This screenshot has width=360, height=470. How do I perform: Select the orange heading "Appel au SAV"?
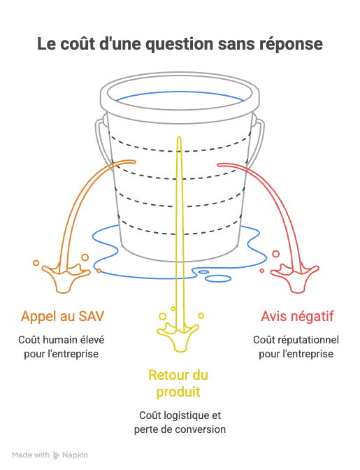click(63, 316)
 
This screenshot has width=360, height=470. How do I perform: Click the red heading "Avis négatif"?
click(297, 316)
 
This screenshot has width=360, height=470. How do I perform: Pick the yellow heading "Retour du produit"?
click(178, 383)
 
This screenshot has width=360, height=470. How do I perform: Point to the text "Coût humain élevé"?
click(62, 340)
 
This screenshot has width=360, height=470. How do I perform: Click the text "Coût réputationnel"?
click(296, 340)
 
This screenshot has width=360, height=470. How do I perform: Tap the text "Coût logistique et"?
click(180, 415)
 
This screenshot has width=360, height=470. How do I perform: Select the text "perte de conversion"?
click(180, 429)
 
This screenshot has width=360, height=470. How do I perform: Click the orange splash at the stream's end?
click(65, 277)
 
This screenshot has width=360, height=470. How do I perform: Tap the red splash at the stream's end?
click(295, 277)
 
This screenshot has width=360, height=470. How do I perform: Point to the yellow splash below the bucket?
click(178, 336)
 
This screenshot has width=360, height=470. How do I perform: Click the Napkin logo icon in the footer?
click(56, 455)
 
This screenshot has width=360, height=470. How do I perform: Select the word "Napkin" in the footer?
click(75, 455)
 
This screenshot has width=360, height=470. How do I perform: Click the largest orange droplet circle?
click(85, 257)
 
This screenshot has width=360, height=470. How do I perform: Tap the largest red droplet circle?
click(275, 254)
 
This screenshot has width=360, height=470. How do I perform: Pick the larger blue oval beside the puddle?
click(218, 279)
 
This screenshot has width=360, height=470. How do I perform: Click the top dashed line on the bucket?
click(180, 150)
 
